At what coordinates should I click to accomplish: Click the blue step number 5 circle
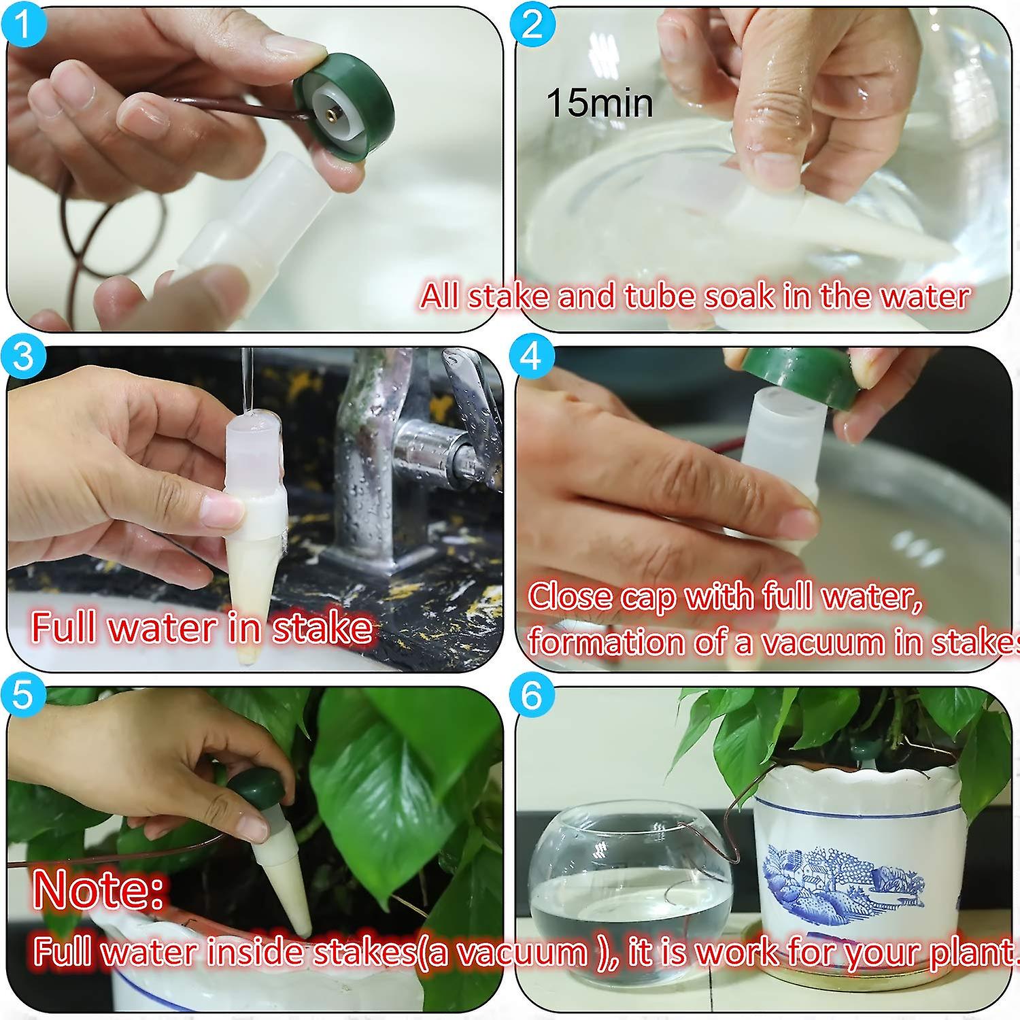point(22,696)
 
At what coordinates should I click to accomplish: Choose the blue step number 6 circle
point(532,696)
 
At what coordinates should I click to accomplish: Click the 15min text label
point(599,103)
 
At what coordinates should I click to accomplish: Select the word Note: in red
point(98,889)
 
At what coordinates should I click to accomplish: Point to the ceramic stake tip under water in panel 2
point(904,238)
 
